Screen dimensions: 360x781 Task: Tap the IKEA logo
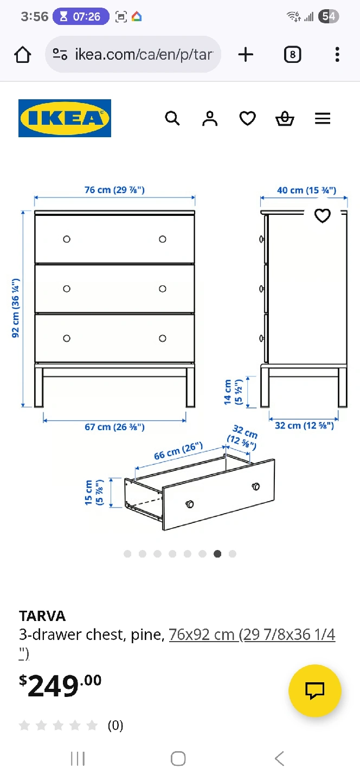pos(65,118)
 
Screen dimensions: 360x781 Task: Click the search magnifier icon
pos(172,118)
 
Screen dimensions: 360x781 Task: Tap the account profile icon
pos(210,118)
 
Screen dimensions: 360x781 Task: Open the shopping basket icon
pos(285,118)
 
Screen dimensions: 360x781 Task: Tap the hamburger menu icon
pos(323,119)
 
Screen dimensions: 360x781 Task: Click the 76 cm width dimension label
pos(114,190)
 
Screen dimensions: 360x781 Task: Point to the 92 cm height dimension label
pos(16,308)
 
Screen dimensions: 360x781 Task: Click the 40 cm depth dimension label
pos(307,190)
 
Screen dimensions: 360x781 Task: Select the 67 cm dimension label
pos(114,427)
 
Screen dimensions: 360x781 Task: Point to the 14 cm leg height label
pos(233,392)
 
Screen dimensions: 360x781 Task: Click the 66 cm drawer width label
pos(178,451)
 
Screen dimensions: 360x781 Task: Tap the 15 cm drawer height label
pos(94,492)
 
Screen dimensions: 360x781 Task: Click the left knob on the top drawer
pos(67,239)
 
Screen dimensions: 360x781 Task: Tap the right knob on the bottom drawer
pos(163,338)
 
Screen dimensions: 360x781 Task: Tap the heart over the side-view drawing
pos(323,215)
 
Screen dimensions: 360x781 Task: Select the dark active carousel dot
pos(217,554)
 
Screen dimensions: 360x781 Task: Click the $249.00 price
pos(60,685)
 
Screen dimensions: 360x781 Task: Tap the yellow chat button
pos(315,691)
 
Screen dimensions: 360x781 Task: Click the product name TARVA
pos(42,616)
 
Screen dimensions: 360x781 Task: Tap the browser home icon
pos(23,54)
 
